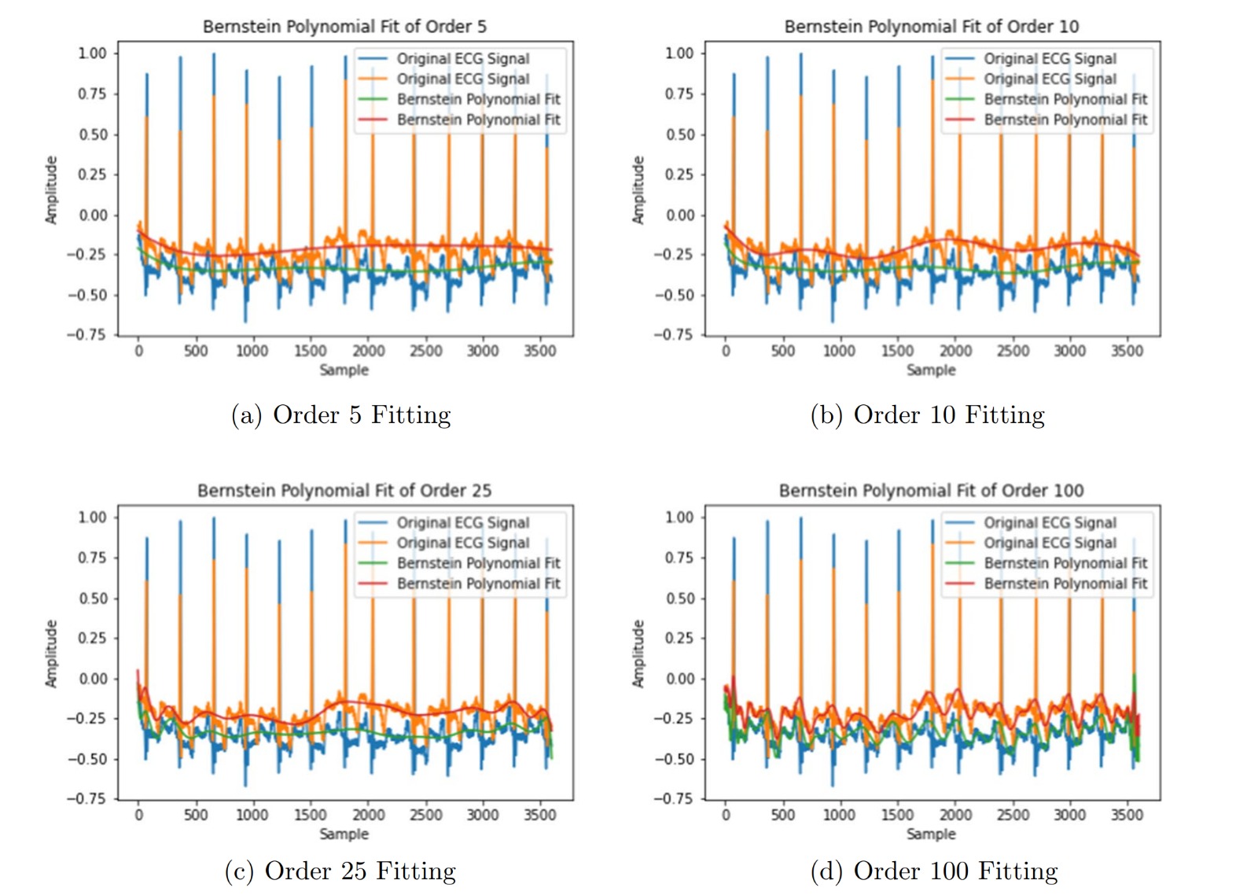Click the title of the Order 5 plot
pos(344,27)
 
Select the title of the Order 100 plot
pos(931,491)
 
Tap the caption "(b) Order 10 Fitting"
pos(927,414)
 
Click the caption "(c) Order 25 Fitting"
pos(340,871)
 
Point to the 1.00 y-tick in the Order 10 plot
pos(679,53)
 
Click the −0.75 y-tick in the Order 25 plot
pos(86,799)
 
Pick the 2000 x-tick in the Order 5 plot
pos(368,351)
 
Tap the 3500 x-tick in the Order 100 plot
pos(1127,815)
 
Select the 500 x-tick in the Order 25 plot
pos(196,815)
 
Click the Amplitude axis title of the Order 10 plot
pos(638,190)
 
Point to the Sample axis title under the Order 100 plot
pos(931,834)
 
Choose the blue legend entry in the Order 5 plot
pos(462,59)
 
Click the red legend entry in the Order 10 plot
pos(1065,120)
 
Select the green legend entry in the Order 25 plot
pos(478,563)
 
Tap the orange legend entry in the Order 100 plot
pos(1050,543)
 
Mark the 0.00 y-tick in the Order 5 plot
pos(93,215)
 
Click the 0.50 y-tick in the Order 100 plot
pos(680,599)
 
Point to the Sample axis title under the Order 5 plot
pos(344,370)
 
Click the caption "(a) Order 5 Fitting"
pos(340,414)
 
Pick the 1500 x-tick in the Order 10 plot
pos(897,351)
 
